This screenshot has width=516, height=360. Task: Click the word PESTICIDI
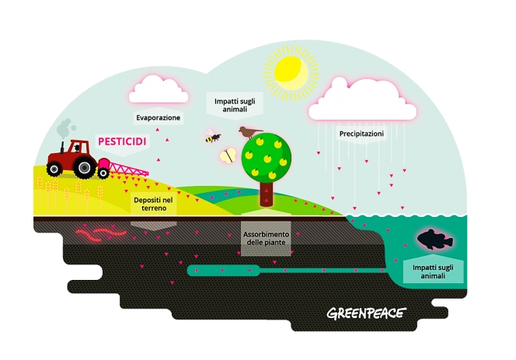click(x=122, y=143)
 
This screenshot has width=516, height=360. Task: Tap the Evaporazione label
click(x=159, y=118)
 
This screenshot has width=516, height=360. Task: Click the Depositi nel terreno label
click(x=153, y=204)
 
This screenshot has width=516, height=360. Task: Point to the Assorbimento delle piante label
click(x=267, y=239)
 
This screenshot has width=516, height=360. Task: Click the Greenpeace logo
click(x=365, y=314)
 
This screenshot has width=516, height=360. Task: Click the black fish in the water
click(x=435, y=239)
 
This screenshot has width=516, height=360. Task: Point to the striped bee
click(x=212, y=138)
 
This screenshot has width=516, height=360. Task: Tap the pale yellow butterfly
click(x=228, y=156)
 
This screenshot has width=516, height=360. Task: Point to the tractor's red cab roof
click(x=76, y=142)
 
